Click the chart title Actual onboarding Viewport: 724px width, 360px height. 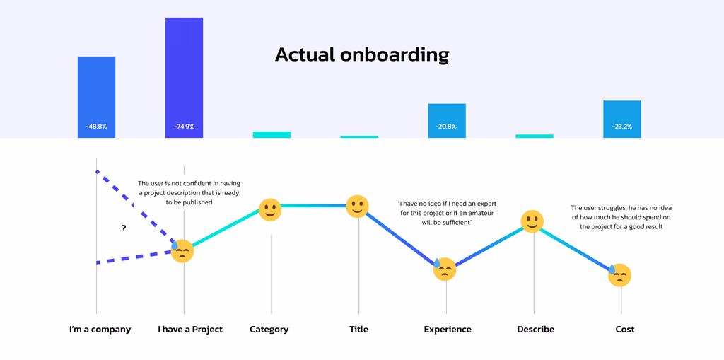tap(361, 54)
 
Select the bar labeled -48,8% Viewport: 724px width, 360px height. tap(96, 97)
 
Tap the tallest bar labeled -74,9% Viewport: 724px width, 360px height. tap(184, 78)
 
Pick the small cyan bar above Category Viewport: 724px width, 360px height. tap(271, 134)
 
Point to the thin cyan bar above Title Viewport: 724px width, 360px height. tap(359, 137)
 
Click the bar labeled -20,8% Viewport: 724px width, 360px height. tap(447, 121)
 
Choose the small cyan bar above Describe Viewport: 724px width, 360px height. tap(535, 136)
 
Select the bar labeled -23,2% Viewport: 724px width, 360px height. tap(622, 119)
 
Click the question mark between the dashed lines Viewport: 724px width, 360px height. tap(124, 228)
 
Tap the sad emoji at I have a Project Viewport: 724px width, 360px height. tap(182, 251)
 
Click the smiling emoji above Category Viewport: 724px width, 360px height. tap(269, 209)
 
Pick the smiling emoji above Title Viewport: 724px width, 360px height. tap(357, 207)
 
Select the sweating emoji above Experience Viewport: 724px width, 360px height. tap(444, 269)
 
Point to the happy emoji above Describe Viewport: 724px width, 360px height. tap(532, 221)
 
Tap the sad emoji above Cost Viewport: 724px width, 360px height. tap(619, 275)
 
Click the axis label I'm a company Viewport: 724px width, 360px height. tap(100, 330)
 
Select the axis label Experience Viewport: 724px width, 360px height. tap(448, 330)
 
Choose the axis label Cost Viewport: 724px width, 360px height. tap(625, 330)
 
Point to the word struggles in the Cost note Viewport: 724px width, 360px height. tap(614, 208)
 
